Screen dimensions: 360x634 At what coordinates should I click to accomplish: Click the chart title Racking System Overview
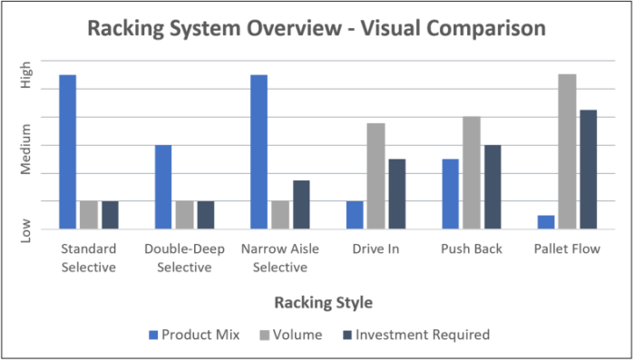pyautogui.click(x=317, y=29)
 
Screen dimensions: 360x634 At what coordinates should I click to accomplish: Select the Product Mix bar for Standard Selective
pyautogui.click(x=68, y=151)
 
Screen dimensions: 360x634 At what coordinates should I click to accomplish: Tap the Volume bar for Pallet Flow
pyautogui.click(x=567, y=151)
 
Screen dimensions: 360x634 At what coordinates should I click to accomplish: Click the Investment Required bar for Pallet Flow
pyautogui.click(x=588, y=170)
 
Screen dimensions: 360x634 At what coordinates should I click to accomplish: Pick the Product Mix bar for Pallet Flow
pyautogui.click(x=546, y=222)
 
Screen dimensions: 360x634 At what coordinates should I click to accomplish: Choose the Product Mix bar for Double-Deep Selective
pyautogui.click(x=163, y=187)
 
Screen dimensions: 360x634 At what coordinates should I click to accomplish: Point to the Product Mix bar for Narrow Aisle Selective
pyautogui.click(x=258, y=151)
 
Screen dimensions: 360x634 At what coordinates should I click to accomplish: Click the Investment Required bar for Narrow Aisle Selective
pyautogui.click(x=301, y=205)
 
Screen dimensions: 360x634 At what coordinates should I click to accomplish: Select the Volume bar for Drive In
pyautogui.click(x=376, y=176)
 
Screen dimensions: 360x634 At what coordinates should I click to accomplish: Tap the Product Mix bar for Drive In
pyautogui.click(x=355, y=215)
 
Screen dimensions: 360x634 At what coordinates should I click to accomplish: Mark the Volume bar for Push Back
pyautogui.click(x=472, y=172)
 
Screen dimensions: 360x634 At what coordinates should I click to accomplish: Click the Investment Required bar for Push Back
pyautogui.click(x=493, y=187)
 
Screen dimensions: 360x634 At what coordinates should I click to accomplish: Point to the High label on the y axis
pyautogui.click(x=26, y=73)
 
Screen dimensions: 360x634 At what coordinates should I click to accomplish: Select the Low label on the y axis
pyautogui.click(x=26, y=231)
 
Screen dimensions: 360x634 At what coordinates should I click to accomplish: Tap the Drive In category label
pyautogui.click(x=376, y=249)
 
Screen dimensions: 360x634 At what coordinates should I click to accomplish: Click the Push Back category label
pyautogui.click(x=471, y=249)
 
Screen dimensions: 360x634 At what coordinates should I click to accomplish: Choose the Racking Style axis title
pyautogui.click(x=327, y=302)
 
